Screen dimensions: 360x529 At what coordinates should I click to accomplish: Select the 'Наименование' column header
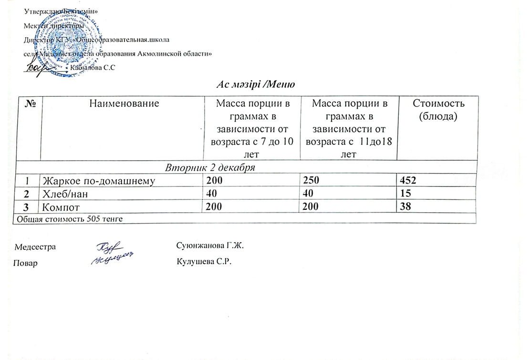122,103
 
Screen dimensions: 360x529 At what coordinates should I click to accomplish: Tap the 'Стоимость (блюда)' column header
437,109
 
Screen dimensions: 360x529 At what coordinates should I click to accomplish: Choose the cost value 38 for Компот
406,206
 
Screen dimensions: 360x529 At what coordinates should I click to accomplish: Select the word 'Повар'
26,263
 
